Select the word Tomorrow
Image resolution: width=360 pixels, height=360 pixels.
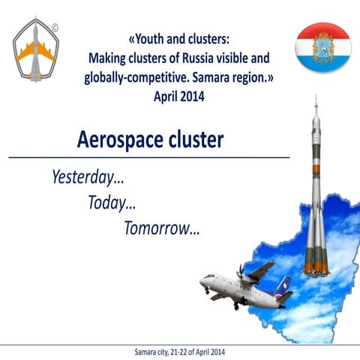tap(161, 227)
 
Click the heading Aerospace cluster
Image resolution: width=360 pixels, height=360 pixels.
tap(150, 140)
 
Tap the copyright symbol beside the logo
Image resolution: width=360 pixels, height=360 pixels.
tap(56, 28)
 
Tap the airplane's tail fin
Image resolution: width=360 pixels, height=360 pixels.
tap(283, 286)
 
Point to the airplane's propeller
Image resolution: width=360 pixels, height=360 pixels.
tap(241, 271)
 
